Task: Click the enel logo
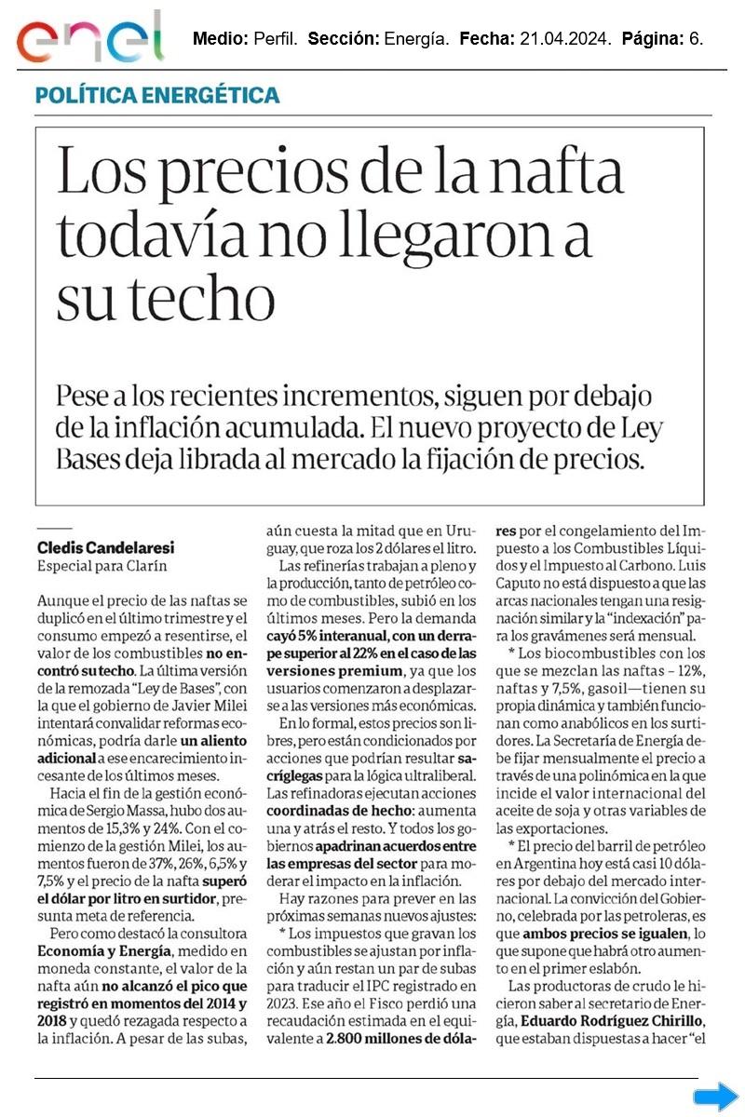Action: tap(89, 38)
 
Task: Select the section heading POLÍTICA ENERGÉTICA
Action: tap(157, 95)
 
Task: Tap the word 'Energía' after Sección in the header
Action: tap(415, 39)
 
